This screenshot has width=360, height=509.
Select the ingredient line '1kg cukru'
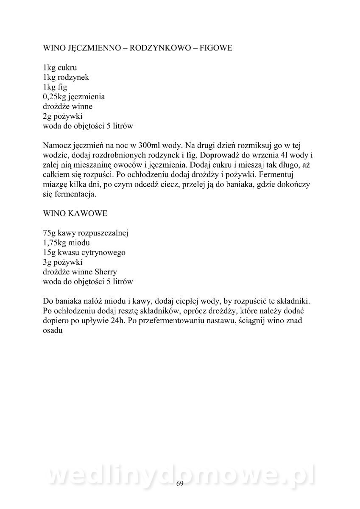pos(60,67)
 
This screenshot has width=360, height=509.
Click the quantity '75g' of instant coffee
pos(50,233)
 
